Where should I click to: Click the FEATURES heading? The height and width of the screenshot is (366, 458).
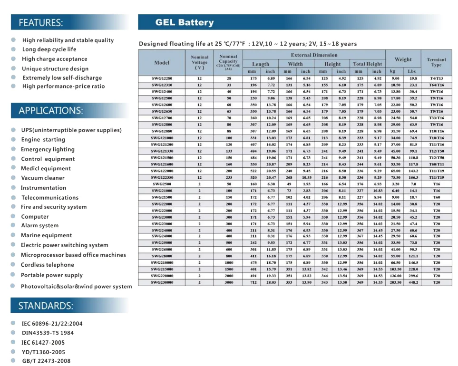tap(40, 22)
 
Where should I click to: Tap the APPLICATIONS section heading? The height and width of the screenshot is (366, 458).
tap(51, 110)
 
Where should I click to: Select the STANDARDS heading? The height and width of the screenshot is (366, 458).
tap(46, 306)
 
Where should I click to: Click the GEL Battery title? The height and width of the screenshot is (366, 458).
tap(185, 22)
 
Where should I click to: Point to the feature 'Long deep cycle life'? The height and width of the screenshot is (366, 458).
tap(49, 49)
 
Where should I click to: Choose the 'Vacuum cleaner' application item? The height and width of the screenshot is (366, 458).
tap(43, 178)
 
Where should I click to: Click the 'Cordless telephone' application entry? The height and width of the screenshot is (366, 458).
tap(47, 265)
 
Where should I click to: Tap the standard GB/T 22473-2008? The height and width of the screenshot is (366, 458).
tap(46, 361)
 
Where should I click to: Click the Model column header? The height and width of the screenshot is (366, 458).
tap(162, 63)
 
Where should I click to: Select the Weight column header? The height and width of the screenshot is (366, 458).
tap(403, 59)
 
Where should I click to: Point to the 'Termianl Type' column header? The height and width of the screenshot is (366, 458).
tap(437, 62)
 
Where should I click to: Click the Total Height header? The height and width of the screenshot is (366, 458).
tap(368, 64)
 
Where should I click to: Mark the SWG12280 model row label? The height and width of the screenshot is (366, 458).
tap(162, 78)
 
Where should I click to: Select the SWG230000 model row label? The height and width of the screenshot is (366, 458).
tap(162, 282)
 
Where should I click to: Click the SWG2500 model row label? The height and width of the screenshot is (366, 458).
tap(162, 184)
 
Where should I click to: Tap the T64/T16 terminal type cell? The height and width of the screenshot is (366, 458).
tap(437, 85)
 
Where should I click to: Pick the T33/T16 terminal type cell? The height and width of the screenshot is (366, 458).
tap(437, 118)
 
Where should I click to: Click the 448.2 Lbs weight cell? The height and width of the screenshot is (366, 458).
tap(413, 282)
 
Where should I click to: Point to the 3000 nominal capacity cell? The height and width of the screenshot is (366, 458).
tap(229, 282)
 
